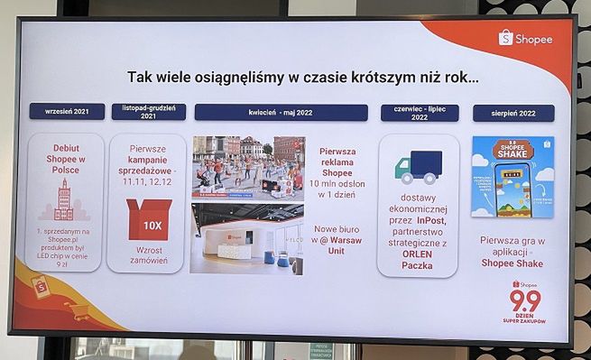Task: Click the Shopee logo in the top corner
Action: [525, 39]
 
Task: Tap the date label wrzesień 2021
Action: [67, 111]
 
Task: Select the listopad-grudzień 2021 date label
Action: [148, 112]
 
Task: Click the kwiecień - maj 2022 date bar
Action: [281, 113]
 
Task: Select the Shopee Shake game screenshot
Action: [512, 177]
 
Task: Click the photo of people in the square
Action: [248, 168]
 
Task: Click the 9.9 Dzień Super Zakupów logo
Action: [524, 301]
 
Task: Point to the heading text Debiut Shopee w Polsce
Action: [66, 158]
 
